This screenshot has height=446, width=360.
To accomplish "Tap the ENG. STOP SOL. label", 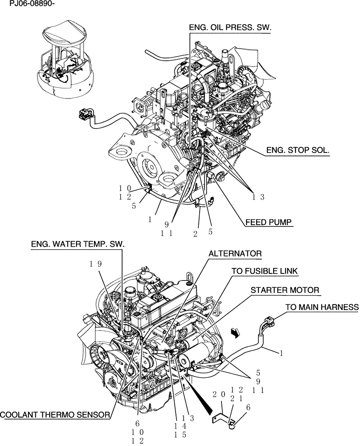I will point(298,151).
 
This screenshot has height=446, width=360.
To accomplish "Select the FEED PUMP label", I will point(269,221).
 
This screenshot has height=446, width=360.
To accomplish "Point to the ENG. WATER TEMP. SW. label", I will point(78,244).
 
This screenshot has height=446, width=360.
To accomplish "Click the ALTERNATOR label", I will point(235,253).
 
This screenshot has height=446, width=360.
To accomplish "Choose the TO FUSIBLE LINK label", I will point(264,271).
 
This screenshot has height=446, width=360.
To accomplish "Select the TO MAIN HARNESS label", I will point(322,307).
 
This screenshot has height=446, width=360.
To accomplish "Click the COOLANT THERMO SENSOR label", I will point(55,415).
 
